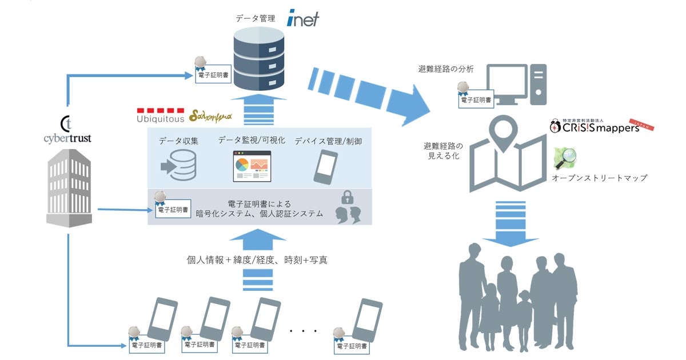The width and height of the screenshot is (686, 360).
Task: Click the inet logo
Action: point(302,18)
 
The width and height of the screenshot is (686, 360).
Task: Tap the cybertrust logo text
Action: point(67,139)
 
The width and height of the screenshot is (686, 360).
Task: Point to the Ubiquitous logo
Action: point(160,115)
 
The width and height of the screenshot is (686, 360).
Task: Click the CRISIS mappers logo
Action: point(600,127)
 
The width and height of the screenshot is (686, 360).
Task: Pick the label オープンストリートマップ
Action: point(600,178)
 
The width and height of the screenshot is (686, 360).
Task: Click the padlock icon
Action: point(346,198)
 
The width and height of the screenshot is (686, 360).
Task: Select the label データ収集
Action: point(180,141)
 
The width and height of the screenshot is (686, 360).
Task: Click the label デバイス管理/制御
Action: point(328,141)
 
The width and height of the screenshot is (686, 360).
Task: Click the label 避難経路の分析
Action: point(446,69)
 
